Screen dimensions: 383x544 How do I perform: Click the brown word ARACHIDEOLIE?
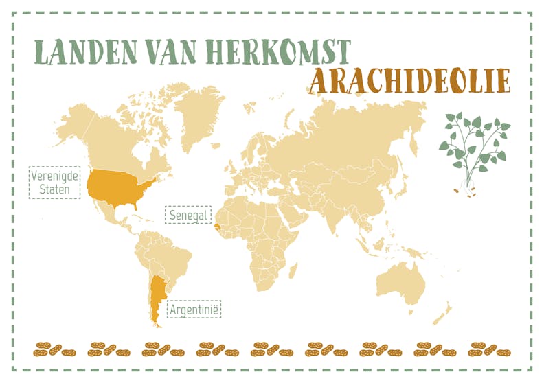409,81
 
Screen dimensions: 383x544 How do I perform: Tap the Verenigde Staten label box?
54,182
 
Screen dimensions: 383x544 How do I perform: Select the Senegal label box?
187,216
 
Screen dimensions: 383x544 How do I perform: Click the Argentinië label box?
194,310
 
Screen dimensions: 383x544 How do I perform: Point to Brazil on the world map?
175,255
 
